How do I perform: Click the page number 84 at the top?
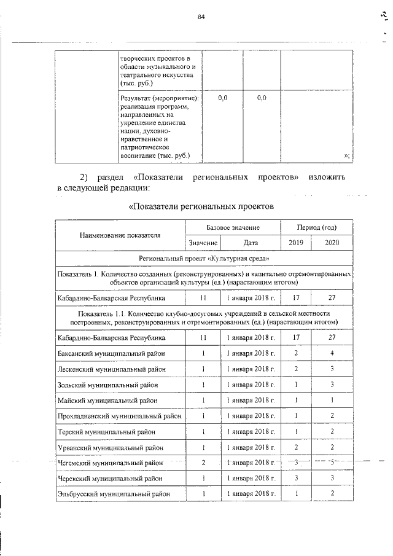tap(200, 17)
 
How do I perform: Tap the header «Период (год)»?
tap(316, 227)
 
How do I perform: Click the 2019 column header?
tap(296, 243)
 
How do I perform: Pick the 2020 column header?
tap(332, 243)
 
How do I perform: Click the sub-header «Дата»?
tap(250, 243)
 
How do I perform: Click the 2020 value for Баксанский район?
tap(332, 354)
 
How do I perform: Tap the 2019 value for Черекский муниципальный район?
tap(296, 478)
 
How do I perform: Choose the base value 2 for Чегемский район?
tap(203, 462)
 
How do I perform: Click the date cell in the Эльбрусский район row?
tap(250, 493)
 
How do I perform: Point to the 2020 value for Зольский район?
tap(332, 385)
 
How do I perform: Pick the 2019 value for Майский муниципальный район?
tap(296, 400)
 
